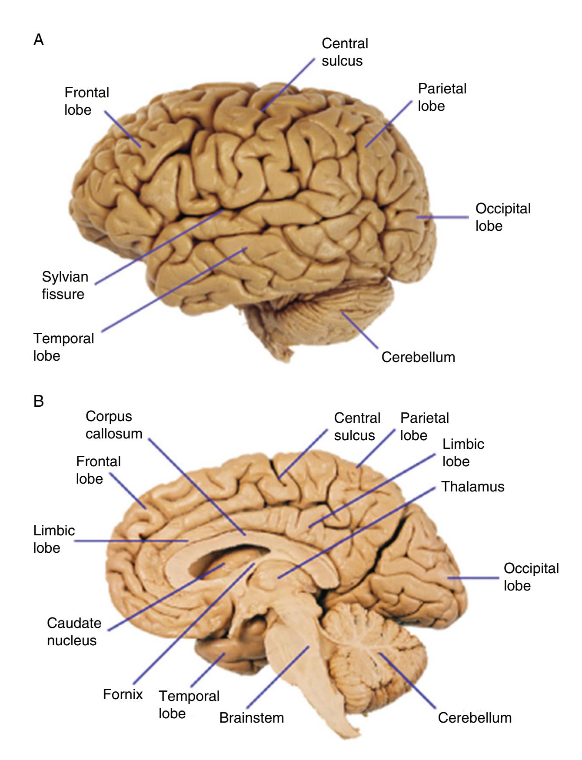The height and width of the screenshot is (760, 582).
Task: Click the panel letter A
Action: tap(39, 40)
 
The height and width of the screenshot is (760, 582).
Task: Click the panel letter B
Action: tap(39, 401)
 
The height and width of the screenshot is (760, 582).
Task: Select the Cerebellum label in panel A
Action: tap(418, 357)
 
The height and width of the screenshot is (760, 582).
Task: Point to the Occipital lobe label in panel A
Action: tap(503, 217)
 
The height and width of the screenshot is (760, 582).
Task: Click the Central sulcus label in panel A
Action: tap(345, 52)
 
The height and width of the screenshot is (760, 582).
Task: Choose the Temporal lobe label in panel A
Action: tap(63, 347)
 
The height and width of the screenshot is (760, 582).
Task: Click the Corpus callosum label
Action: tap(113, 425)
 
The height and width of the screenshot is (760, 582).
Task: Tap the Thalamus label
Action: tap(473, 487)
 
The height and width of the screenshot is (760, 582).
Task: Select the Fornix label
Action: tap(123, 694)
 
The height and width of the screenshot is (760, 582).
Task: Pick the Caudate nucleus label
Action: tap(74, 631)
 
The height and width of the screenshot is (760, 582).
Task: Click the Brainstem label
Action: tap(251, 717)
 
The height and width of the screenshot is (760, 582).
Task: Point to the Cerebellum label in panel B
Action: tap(475, 717)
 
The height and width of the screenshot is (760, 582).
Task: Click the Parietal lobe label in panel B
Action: tap(424, 426)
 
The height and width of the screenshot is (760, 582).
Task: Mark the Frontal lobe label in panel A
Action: tap(86, 101)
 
